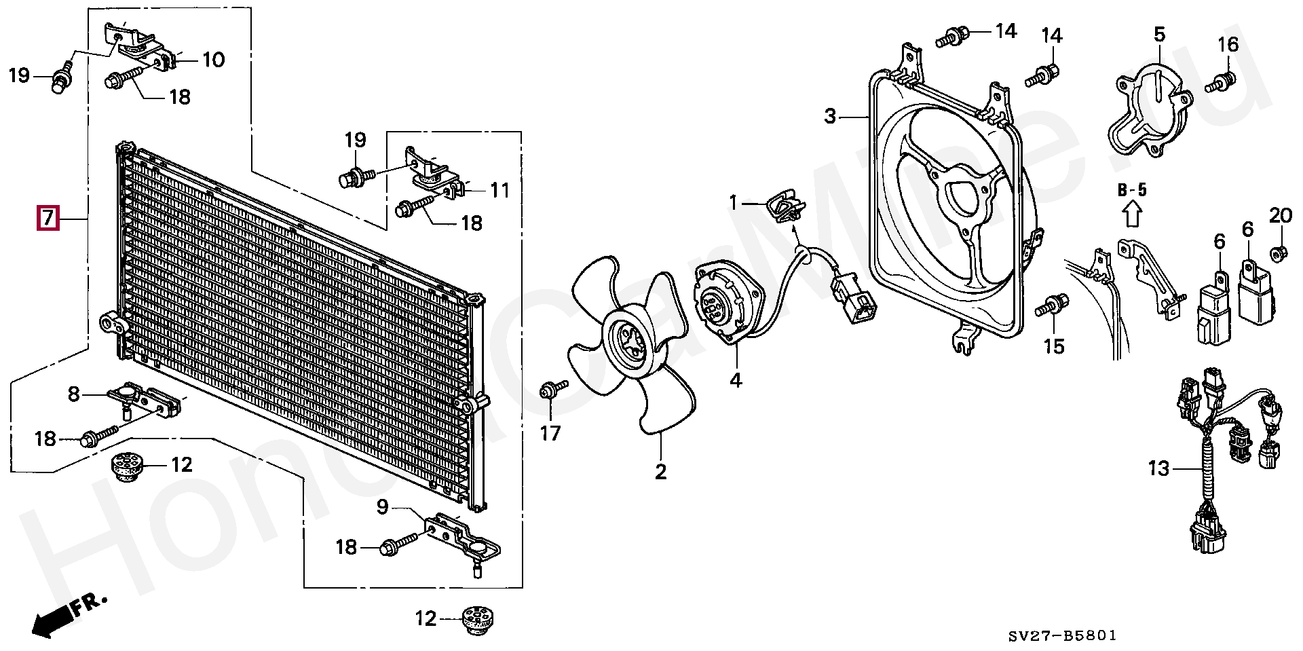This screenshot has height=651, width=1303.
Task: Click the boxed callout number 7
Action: [48, 219]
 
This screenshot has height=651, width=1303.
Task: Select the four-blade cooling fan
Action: [625, 343]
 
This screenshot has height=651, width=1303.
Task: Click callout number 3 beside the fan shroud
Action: [831, 116]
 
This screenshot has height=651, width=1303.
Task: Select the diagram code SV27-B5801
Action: [1062, 636]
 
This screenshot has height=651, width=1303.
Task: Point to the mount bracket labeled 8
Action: [146, 401]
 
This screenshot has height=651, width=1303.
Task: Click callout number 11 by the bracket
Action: [499, 189]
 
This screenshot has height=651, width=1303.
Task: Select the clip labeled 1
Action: [786, 208]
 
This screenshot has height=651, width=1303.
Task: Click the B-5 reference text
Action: [1132, 190]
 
